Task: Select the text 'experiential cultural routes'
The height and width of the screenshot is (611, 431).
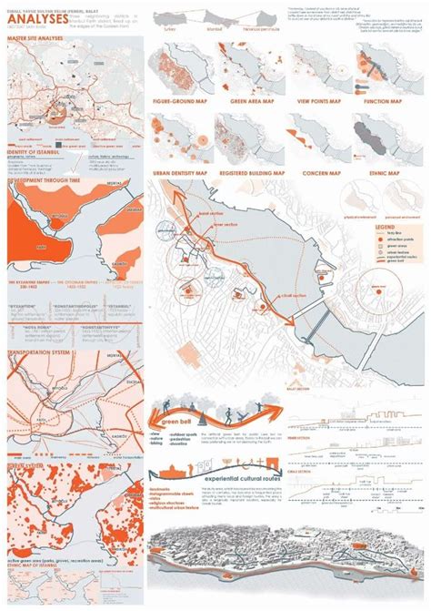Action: point(227,477)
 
